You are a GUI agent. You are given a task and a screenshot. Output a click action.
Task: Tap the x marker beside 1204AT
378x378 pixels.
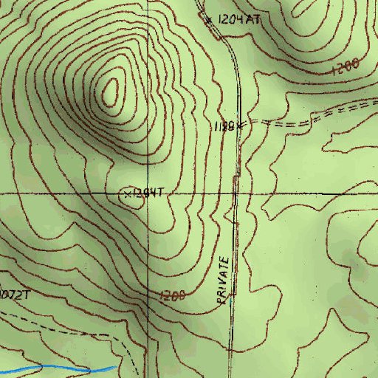click(209, 19)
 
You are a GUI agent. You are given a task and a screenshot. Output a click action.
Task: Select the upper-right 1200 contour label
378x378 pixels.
click(345, 67)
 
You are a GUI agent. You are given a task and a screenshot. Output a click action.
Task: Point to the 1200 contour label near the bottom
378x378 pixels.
click(171, 295)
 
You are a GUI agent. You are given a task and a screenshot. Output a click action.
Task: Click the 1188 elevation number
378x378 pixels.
click(224, 126)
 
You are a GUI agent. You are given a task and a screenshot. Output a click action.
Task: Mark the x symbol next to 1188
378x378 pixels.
click(240, 126)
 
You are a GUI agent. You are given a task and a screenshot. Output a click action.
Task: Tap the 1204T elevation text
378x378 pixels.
click(146, 193)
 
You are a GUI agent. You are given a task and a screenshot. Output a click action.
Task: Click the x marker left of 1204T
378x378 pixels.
click(128, 194)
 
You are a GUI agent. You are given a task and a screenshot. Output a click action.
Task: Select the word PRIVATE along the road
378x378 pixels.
click(225, 281)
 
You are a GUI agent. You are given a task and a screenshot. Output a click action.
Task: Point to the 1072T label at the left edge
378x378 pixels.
click(15, 295)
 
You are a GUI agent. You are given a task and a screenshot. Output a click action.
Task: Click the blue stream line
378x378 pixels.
click(59, 368)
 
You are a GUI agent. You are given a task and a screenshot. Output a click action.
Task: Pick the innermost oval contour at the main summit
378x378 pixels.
click(111, 91)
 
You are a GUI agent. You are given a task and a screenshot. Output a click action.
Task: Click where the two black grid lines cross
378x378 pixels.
click(147, 193)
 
